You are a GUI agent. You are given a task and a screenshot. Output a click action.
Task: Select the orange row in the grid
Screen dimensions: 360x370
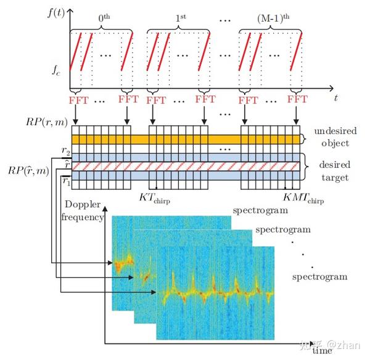(x=185, y=140)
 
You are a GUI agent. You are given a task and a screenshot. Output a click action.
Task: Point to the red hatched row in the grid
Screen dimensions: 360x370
(x=185, y=166)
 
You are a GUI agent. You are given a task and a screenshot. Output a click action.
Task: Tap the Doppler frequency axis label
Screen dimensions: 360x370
(x=83, y=211)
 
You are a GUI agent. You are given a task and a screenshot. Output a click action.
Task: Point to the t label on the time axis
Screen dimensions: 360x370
(x=336, y=97)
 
